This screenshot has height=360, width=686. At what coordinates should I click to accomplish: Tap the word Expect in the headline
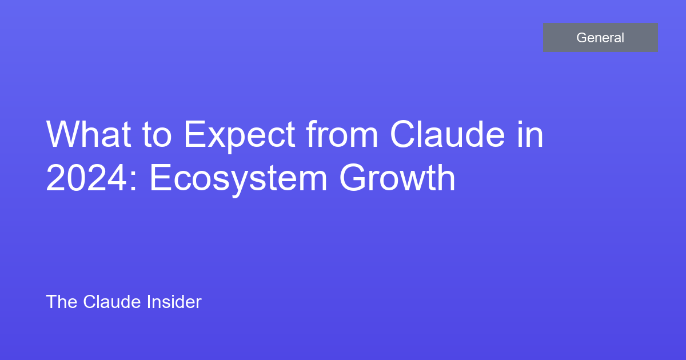point(240,136)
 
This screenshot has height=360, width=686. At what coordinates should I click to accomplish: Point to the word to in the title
point(157,135)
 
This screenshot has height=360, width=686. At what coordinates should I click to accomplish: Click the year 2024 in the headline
point(86,178)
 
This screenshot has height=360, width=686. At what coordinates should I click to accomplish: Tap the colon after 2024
point(133,181)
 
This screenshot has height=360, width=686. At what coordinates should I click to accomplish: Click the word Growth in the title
point(397,177)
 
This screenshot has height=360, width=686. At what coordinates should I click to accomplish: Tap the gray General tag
point(600,37)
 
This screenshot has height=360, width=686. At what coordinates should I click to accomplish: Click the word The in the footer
point(62,302)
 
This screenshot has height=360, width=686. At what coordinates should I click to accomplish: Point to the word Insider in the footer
point(174,302)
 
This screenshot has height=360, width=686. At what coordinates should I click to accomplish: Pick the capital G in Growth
point(353,178)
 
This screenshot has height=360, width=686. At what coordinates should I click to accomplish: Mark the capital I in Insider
point(149,302)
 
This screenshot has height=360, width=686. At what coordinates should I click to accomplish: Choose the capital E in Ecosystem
point(161,178)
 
